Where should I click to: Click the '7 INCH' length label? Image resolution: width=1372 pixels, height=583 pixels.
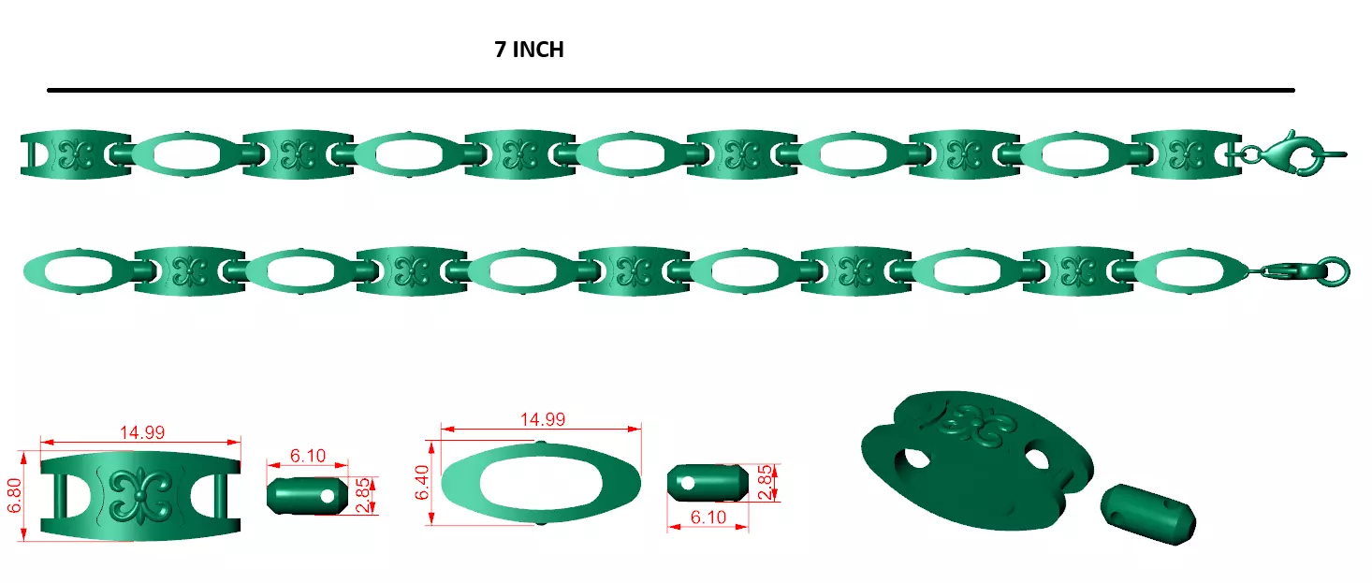(529, 51)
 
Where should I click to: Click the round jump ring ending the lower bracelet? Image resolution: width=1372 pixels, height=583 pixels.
(1336, 271)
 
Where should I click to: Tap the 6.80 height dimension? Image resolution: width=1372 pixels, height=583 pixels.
(14, 496)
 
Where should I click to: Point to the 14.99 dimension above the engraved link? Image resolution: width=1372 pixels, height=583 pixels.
(141, 432)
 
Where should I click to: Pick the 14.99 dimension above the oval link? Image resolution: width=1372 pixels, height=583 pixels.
(542, 419)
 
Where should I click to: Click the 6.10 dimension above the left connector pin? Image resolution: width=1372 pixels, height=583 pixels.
(307, 456)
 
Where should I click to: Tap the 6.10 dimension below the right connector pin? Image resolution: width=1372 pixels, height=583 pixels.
(708, 517)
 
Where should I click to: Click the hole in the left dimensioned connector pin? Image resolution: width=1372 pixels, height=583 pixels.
(327, 496)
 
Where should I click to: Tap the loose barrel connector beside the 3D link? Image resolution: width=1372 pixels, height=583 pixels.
(1147, 515)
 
